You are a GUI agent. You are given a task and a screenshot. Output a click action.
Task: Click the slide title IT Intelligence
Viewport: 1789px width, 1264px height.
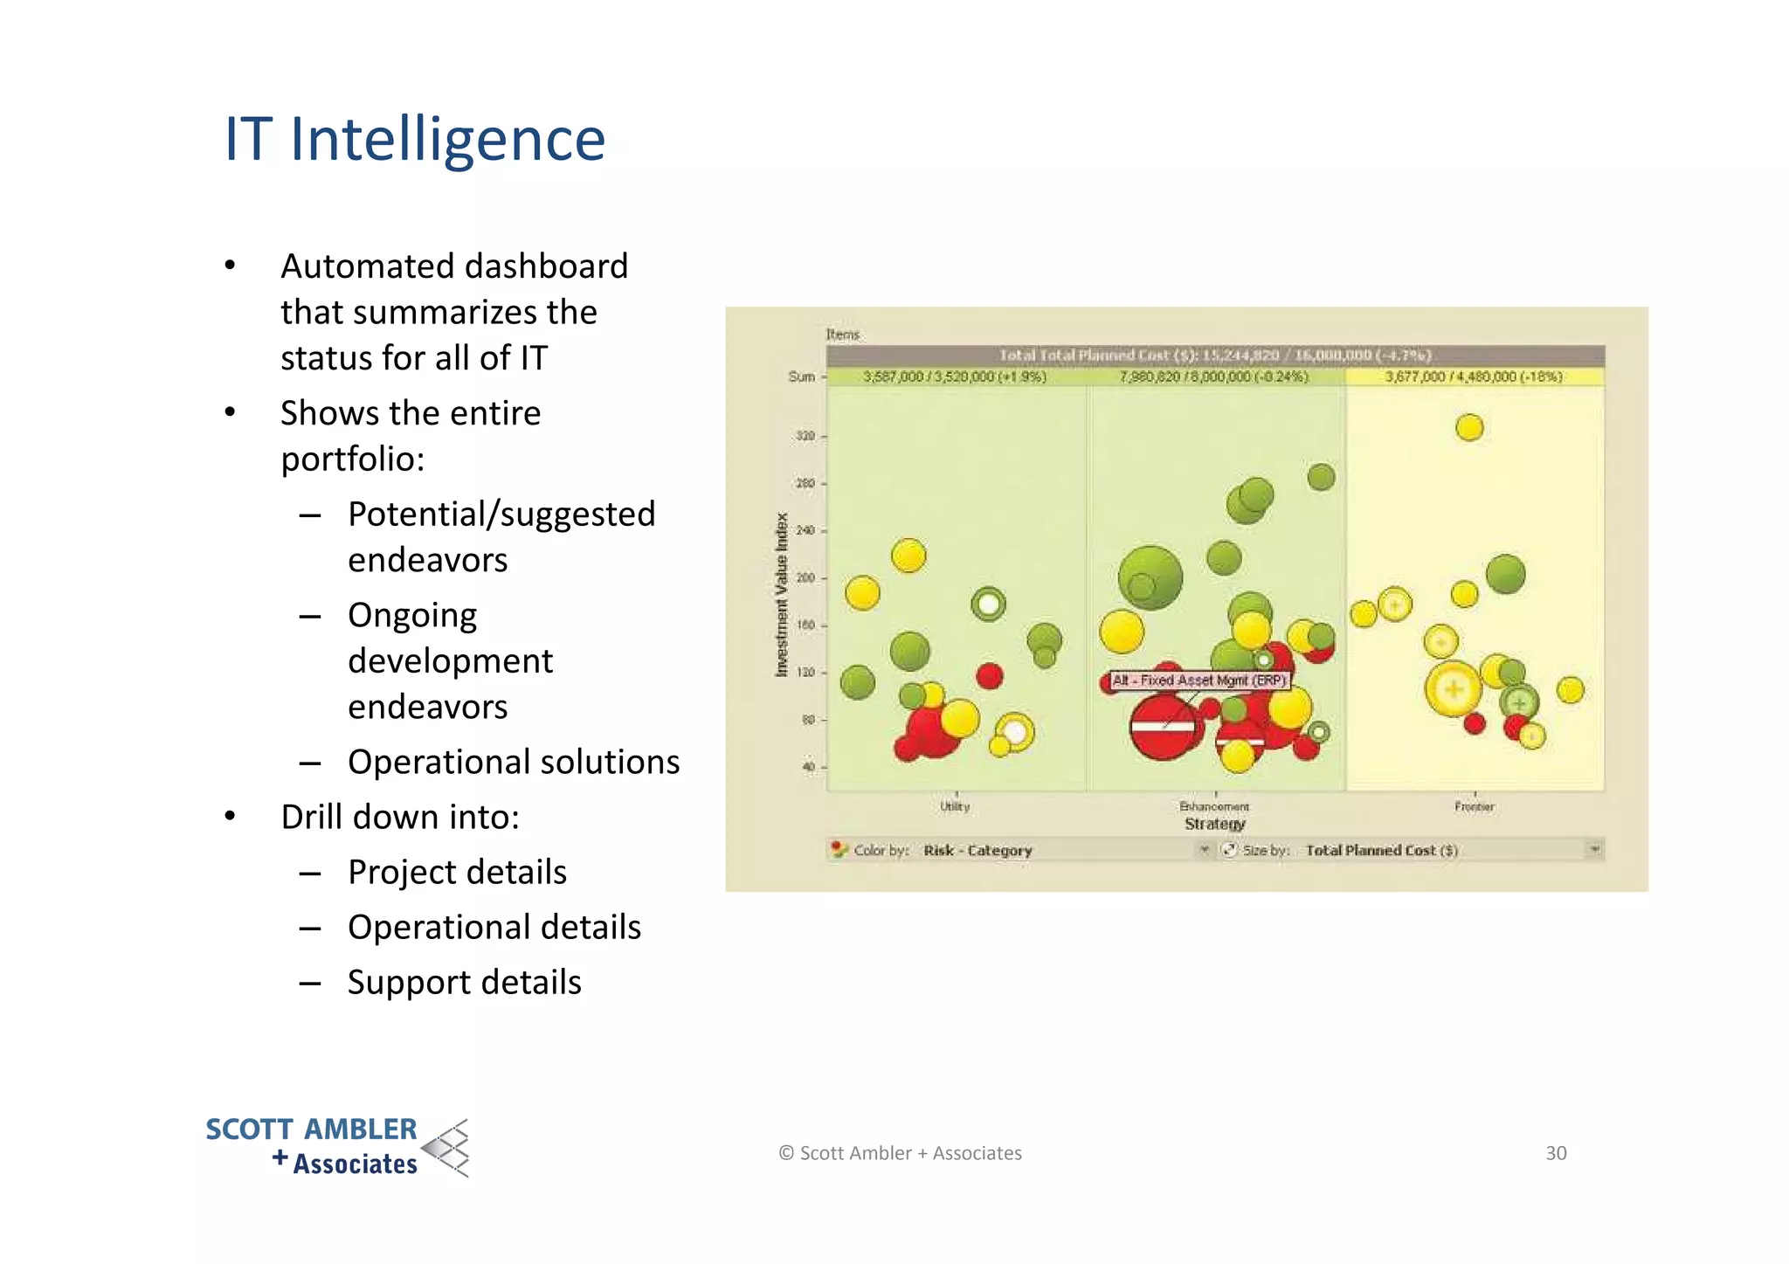(x=414, y=140)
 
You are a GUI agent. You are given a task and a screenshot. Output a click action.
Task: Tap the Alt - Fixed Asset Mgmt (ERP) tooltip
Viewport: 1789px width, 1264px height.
(x=1199, y=680)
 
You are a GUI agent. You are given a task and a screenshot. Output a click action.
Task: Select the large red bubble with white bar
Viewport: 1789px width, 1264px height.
(x=1163, y=727)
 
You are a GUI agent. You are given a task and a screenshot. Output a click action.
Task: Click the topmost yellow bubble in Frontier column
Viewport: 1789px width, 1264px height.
(x=1469, y=427)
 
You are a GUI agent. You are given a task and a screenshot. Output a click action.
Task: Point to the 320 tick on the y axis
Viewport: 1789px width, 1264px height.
(x=805, y=436)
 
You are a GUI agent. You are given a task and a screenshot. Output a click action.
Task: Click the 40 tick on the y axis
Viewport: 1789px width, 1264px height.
(x=808, y=767)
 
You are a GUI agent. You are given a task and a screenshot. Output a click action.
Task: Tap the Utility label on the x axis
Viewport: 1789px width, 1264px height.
(x=955, y=806)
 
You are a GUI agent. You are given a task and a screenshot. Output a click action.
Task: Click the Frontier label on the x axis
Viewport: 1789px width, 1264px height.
(x=1475, y=807)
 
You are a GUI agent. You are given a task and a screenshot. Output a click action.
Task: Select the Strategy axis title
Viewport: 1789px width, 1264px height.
(x=1214, y=824)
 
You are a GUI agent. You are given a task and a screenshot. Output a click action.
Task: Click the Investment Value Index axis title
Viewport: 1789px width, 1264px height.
(x=782, y=594)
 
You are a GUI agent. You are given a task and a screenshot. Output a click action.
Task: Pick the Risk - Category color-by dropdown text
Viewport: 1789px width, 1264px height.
(x=977, y=850)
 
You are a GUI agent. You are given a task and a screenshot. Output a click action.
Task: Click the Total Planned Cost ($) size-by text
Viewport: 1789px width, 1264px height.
(x=1381, y=850)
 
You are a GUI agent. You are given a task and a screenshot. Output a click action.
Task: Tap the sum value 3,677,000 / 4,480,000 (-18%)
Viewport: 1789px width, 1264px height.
(x=1474, y=376)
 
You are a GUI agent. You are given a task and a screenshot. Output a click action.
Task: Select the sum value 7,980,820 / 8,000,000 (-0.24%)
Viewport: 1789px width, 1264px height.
(x=1214, y=376)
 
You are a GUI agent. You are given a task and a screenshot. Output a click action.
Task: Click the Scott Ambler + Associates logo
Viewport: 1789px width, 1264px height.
(x=336, y=1147)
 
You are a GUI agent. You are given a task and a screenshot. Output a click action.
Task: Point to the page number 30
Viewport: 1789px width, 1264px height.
(x=1556, y=1153)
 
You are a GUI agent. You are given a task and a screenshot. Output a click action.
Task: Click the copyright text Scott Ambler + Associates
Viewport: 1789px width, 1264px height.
(x=901, y=1153)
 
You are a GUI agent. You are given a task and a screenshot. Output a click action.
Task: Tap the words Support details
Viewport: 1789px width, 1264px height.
(x=464, y=983)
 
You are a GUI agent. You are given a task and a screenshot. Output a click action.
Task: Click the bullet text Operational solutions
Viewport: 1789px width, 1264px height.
(x=513, y=763)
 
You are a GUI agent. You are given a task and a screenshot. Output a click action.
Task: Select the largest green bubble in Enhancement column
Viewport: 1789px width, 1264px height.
(x=1150, y=577)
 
